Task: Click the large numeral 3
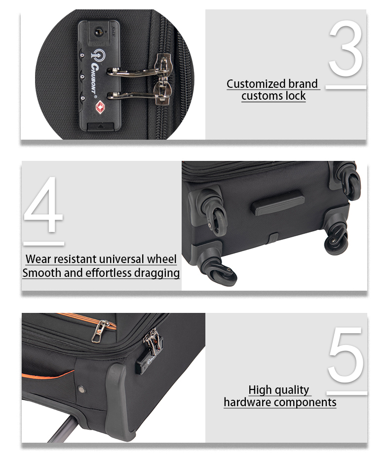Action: pyautogui.click(x=346, y=48)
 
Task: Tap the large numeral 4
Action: pyautogui.click(x=43, y=204)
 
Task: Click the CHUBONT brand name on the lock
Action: pyautogui.click(x=94, y=79)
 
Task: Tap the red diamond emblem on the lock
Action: pyautogui.click(x=100, y=108)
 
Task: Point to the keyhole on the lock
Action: pyautogui.click(x=98, y=31)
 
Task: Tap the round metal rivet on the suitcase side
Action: pyautogui.click(x=81, y=389)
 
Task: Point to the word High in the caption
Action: pyautogui.click(x=260, y=390)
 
